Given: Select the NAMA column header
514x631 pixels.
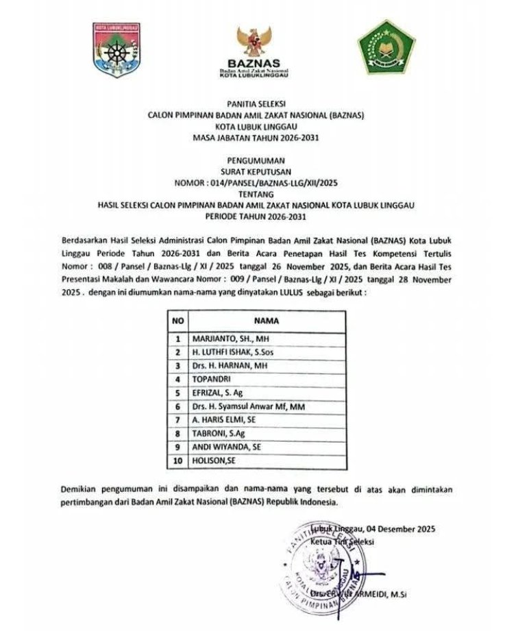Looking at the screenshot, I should coord(266,320).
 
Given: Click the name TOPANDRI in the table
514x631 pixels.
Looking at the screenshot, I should coord(214,379).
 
